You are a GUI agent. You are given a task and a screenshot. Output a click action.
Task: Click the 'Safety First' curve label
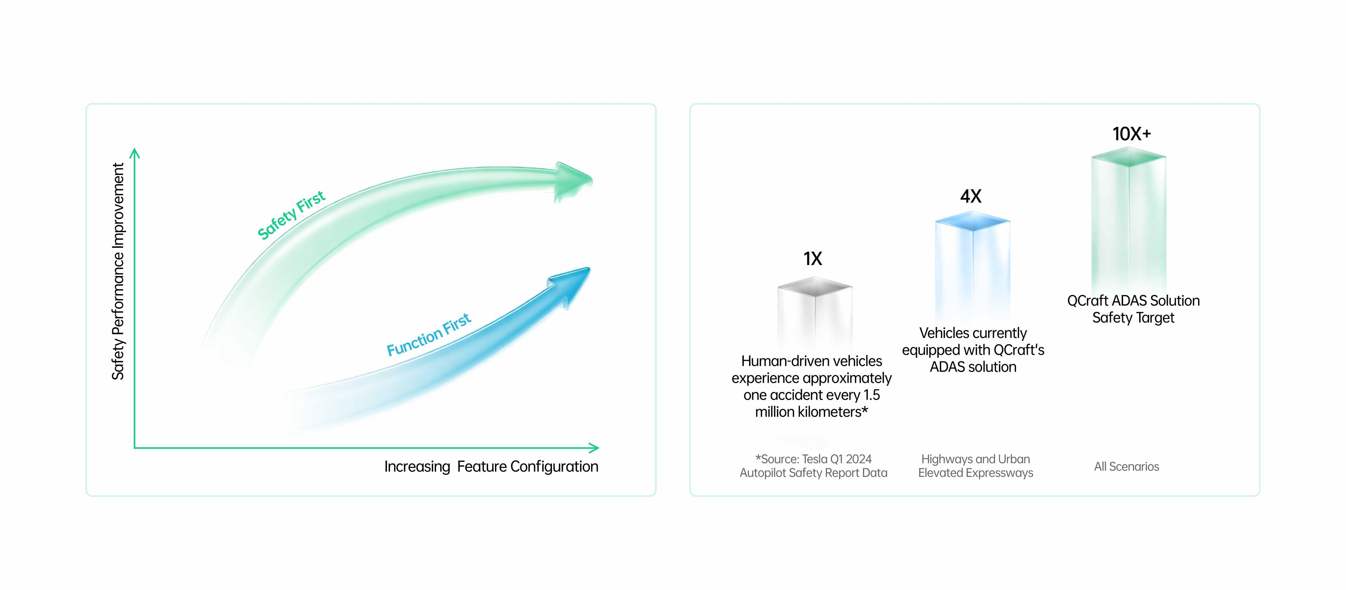click(291, 215)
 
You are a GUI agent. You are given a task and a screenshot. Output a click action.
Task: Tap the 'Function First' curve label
click(428, 334)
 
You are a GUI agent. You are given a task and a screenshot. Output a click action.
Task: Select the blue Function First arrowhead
click(570, 286)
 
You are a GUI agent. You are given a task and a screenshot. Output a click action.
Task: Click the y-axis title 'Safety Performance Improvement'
click(118, 271)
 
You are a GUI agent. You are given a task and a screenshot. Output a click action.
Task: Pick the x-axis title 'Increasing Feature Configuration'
click(491, 467)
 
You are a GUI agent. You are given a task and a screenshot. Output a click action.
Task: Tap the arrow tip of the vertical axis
click(135, 149)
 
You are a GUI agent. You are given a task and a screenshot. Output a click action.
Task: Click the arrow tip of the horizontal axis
click(598, 448)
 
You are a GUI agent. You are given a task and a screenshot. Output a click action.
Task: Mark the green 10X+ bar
click(1129, 219)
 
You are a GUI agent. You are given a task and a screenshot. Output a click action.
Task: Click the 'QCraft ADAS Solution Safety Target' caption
click(1133, 309)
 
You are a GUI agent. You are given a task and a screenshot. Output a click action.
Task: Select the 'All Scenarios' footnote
click(1127, 467)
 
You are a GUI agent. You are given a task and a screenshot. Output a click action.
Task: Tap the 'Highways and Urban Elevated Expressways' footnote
click(975, 466)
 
